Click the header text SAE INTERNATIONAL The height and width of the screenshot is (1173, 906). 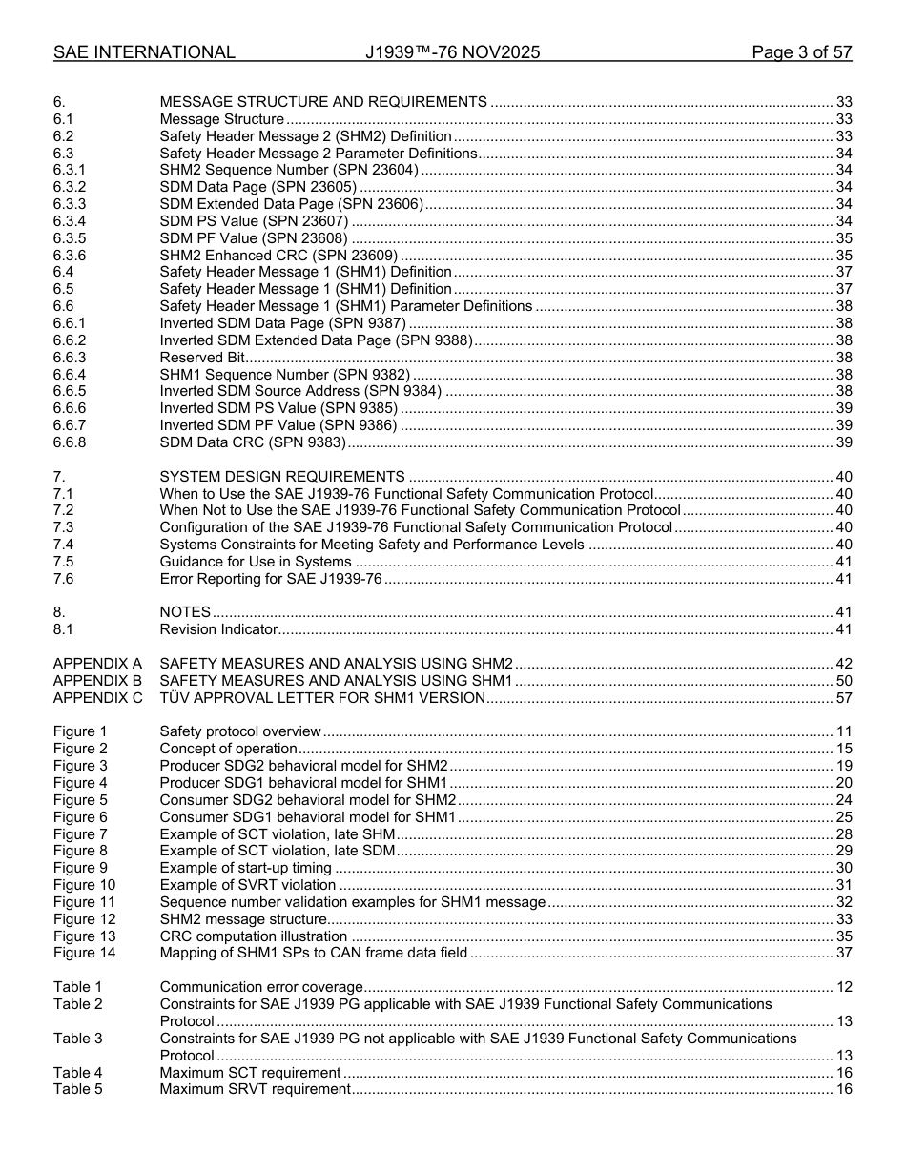(x=144, y=52)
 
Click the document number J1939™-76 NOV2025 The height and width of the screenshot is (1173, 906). (x=452, y=52)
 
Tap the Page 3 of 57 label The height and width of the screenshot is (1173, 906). (x=801, y=52)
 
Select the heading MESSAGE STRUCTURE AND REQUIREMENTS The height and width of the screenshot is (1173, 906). (x=323, y=102)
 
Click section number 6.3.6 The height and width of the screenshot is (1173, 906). (x=70, y=256)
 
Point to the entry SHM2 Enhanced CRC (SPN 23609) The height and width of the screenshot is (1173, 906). (x=278, y=256)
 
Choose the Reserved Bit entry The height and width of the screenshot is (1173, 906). (x=202, y=358)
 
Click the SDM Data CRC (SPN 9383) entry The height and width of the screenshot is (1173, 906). (x=253, y=442)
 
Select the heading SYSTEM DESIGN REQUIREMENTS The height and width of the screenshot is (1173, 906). (x=282, y=477)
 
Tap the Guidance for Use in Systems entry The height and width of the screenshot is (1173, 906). (x=255, y=562)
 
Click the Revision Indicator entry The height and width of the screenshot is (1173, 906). (x=218, y=629)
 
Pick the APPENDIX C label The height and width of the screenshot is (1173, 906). (x=98, y=698)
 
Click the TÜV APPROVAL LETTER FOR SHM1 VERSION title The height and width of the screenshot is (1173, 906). (x=322, y=698)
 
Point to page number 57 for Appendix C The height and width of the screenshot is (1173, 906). (x=843, y=698)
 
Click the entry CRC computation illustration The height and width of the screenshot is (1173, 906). (x=253, y=936)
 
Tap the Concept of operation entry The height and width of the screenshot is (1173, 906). (x=228, y=749)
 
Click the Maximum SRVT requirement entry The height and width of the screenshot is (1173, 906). (x=255, y=1089)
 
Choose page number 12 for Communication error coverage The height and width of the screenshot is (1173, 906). (x=843, y=987)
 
